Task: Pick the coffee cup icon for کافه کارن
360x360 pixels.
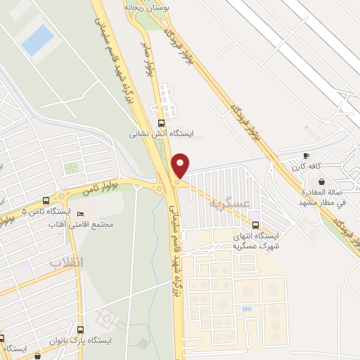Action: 306,155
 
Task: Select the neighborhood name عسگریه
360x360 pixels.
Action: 228,203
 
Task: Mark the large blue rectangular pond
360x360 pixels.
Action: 37,40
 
